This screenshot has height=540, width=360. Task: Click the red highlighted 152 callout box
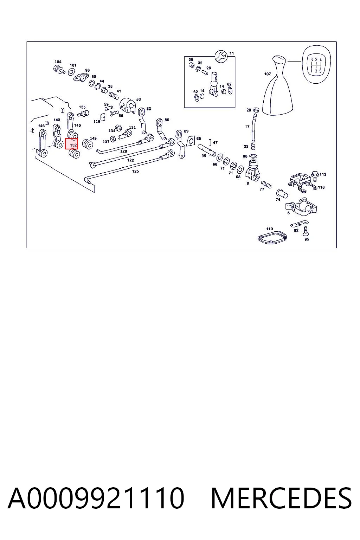(x=71, y=144)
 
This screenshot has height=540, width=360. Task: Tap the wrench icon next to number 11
(x=221, y=57)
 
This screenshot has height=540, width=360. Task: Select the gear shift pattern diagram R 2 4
(x=316, y=65)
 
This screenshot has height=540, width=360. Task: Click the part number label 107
(x=268, y=74)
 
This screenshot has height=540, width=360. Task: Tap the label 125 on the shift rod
(x=135, y=171)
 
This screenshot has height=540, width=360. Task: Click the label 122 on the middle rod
(x=130, y=160)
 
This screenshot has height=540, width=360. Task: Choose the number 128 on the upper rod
(x=123, y=151)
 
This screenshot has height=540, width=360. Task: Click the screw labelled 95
(x=306, y=231)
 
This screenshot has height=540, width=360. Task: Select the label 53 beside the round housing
(x=139, y=99)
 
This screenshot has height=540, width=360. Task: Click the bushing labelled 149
(x=88, y=144)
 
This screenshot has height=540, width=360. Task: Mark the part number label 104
(x=58, y=62)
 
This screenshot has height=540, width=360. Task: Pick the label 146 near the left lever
(x=41, y=126)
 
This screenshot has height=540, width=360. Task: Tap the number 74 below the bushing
(x=278, y=199)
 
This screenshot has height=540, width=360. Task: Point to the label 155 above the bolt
(x=82, y=107)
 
